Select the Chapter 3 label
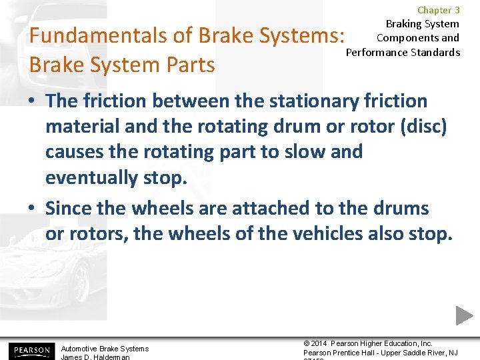pyautogui.click(x=438, y=10)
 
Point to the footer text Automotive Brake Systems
pyautogui.click(x=105, y=349)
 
